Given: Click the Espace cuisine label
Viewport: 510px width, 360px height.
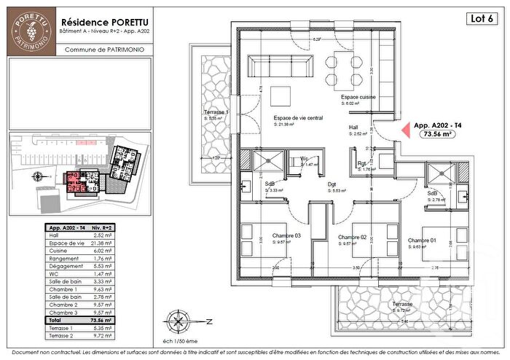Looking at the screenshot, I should pos(357,97).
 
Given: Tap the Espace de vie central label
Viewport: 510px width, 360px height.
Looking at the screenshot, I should pos(299,117).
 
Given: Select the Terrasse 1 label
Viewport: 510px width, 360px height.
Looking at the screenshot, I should pos(216,113).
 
